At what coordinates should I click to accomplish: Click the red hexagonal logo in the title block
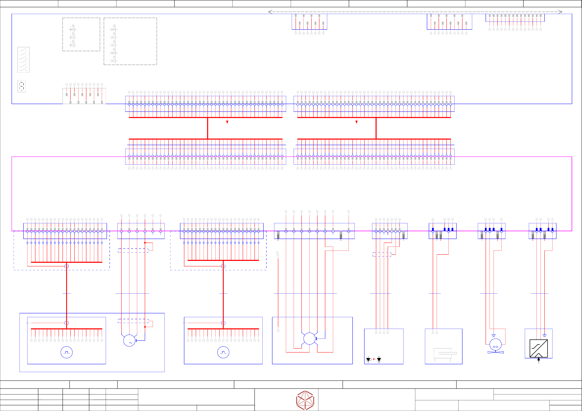click(x=305, y=400)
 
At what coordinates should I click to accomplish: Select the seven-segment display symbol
click(x=22, y=86)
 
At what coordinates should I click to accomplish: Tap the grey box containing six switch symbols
click(x=23, y=60)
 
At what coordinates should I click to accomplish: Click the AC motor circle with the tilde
click(x=129, y=341)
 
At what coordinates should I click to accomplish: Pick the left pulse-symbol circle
click(x=67, y=352)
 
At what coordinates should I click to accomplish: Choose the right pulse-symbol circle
click(x=223, y=352)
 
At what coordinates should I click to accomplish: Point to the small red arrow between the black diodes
click(x=374, y=359)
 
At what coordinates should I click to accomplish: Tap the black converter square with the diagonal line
click(x=539, y=348)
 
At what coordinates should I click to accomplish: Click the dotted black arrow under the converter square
click(x=539, y=360)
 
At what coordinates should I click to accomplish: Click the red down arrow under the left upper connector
click(x=227, y=122)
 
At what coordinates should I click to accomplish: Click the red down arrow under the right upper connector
click(x=356, y=122)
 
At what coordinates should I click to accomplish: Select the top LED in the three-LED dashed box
click(x=73, y=29)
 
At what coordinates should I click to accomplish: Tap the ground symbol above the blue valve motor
click(x=494, y=336)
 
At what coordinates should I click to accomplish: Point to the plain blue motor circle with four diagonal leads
click(x=310, y=339)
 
